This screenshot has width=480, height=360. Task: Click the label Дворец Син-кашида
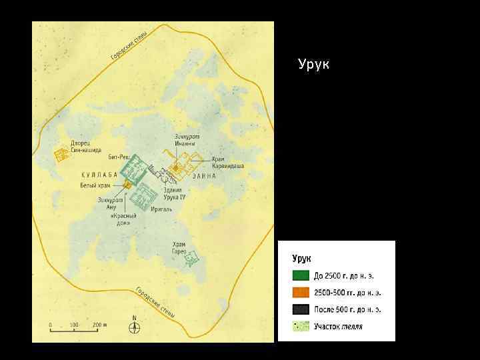tap(86, 147)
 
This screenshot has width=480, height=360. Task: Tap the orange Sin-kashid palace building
tap(61, 155)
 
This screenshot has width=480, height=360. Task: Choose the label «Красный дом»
tap(123, 219)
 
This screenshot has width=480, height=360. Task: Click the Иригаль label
tap(161, 208)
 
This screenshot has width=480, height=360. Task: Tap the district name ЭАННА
tap(204, 176)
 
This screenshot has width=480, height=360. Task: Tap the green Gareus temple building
tap(192, 258)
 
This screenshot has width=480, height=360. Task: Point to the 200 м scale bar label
tap(98, 325)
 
